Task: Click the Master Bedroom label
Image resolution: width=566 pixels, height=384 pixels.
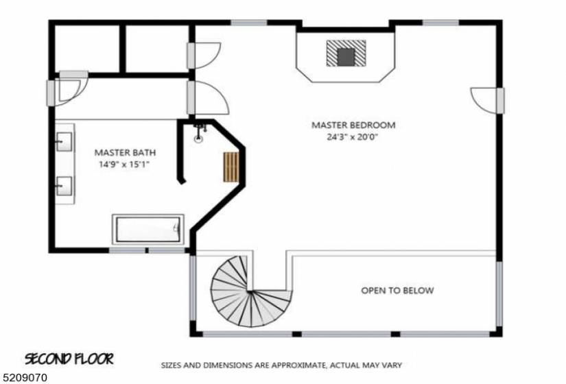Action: point(353,125)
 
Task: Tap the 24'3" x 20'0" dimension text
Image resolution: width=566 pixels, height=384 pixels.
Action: point(353,137)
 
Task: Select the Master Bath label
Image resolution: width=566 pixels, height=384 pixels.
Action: point(125,152)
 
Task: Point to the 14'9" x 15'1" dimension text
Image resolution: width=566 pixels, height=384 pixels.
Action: point(124,165)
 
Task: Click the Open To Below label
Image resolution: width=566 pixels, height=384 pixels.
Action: point(397,291)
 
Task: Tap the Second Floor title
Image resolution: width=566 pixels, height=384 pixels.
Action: point(69,359)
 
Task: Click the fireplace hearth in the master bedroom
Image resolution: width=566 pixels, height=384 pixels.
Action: point(346,53)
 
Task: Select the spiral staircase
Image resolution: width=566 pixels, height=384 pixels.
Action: point(249,292)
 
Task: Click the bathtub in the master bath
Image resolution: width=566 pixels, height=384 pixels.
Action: point(148,229)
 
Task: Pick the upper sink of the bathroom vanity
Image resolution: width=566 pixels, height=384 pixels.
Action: point(65,142)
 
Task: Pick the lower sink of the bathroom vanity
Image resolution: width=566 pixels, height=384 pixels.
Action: point(65,187)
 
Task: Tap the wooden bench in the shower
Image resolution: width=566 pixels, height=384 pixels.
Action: point(231,167)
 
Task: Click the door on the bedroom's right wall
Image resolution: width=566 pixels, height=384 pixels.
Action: point(487,100)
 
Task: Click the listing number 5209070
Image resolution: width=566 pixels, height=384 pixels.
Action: point(23,378)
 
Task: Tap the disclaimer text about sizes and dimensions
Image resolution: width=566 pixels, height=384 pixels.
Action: point(281,365)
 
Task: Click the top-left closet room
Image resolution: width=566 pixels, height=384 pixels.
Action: point(86,49)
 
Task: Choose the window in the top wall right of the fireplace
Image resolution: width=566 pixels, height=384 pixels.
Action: point(440,23)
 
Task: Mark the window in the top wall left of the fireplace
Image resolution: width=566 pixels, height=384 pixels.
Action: point(249,23)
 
